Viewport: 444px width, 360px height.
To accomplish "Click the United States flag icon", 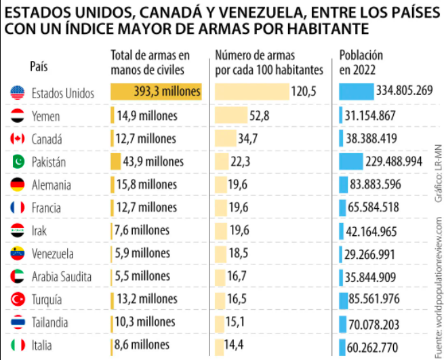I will pyautogui.click(x=18, y=93).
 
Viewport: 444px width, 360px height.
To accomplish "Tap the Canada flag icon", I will pyautogui.click(x=18, y=139).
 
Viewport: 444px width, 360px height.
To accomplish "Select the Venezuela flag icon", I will pyautogui.click(x=18, y=254).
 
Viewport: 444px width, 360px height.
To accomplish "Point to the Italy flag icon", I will pyautogui.click(x=18, y=345).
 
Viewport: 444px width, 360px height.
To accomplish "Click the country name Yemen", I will pyautogui.click(x=45, y=116).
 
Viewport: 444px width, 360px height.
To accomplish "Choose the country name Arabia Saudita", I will pyautogui.click(x=61, y=277).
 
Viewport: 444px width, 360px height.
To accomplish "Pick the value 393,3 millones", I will pyautogui.click(x=167, y=92).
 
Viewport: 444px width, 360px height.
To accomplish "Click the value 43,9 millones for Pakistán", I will pyautogui.click(x=153, y=161).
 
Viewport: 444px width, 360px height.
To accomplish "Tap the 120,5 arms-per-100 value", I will pyautogui.click(x=304, y=92).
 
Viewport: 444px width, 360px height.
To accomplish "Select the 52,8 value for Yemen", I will pyautogui.click(x=259, y=116).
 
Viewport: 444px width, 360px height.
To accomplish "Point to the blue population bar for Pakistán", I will pyautogui.click(x=351, y=161).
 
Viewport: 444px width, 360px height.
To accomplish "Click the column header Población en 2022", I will pyautogui.click(x=361, y=62).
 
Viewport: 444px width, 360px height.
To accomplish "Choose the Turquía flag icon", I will pyautogui.click(x=18, y=299).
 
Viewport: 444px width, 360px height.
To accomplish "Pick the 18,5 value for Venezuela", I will pyautogui.click(x=239, y=254).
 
